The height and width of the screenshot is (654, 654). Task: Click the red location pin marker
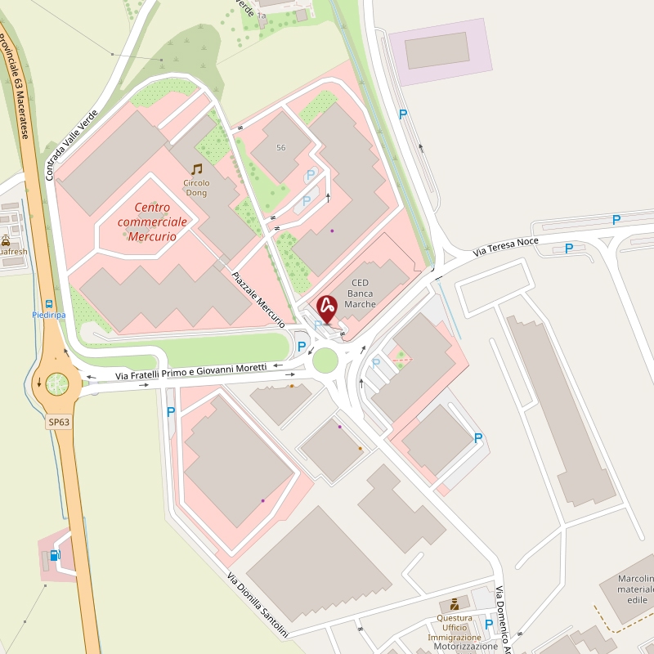(x=327, y=307)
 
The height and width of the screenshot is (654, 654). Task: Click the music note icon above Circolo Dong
(x=196, y=169)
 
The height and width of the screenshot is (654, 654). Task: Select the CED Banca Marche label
(x=360, y=294)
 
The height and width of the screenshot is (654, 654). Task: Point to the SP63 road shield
(x=59, y=422)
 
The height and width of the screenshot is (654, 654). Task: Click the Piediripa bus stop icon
(x=49, y=303)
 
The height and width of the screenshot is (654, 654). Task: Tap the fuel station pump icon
(x=55, y=555)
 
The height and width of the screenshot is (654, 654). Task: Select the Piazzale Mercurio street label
(x=258, y=300)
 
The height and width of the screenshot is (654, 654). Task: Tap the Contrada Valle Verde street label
(x=71, y=146)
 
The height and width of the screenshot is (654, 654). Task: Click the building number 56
(x=281, y=147)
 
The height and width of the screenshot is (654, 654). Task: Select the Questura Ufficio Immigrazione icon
(x=455, y=605)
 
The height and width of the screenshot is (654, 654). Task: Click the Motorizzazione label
(x=465, y=646)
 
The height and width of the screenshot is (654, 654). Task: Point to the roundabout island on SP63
(x=57, y=383)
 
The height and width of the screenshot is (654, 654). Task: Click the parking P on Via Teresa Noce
(x=569, y=248)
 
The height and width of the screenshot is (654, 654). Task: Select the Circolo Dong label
(x=196, y=187)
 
